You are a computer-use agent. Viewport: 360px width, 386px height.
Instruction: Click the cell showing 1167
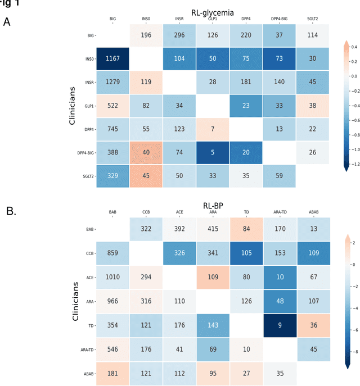click(x=113, y=59)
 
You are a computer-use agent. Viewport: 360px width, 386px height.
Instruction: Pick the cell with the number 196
click(x=146, y=35)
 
